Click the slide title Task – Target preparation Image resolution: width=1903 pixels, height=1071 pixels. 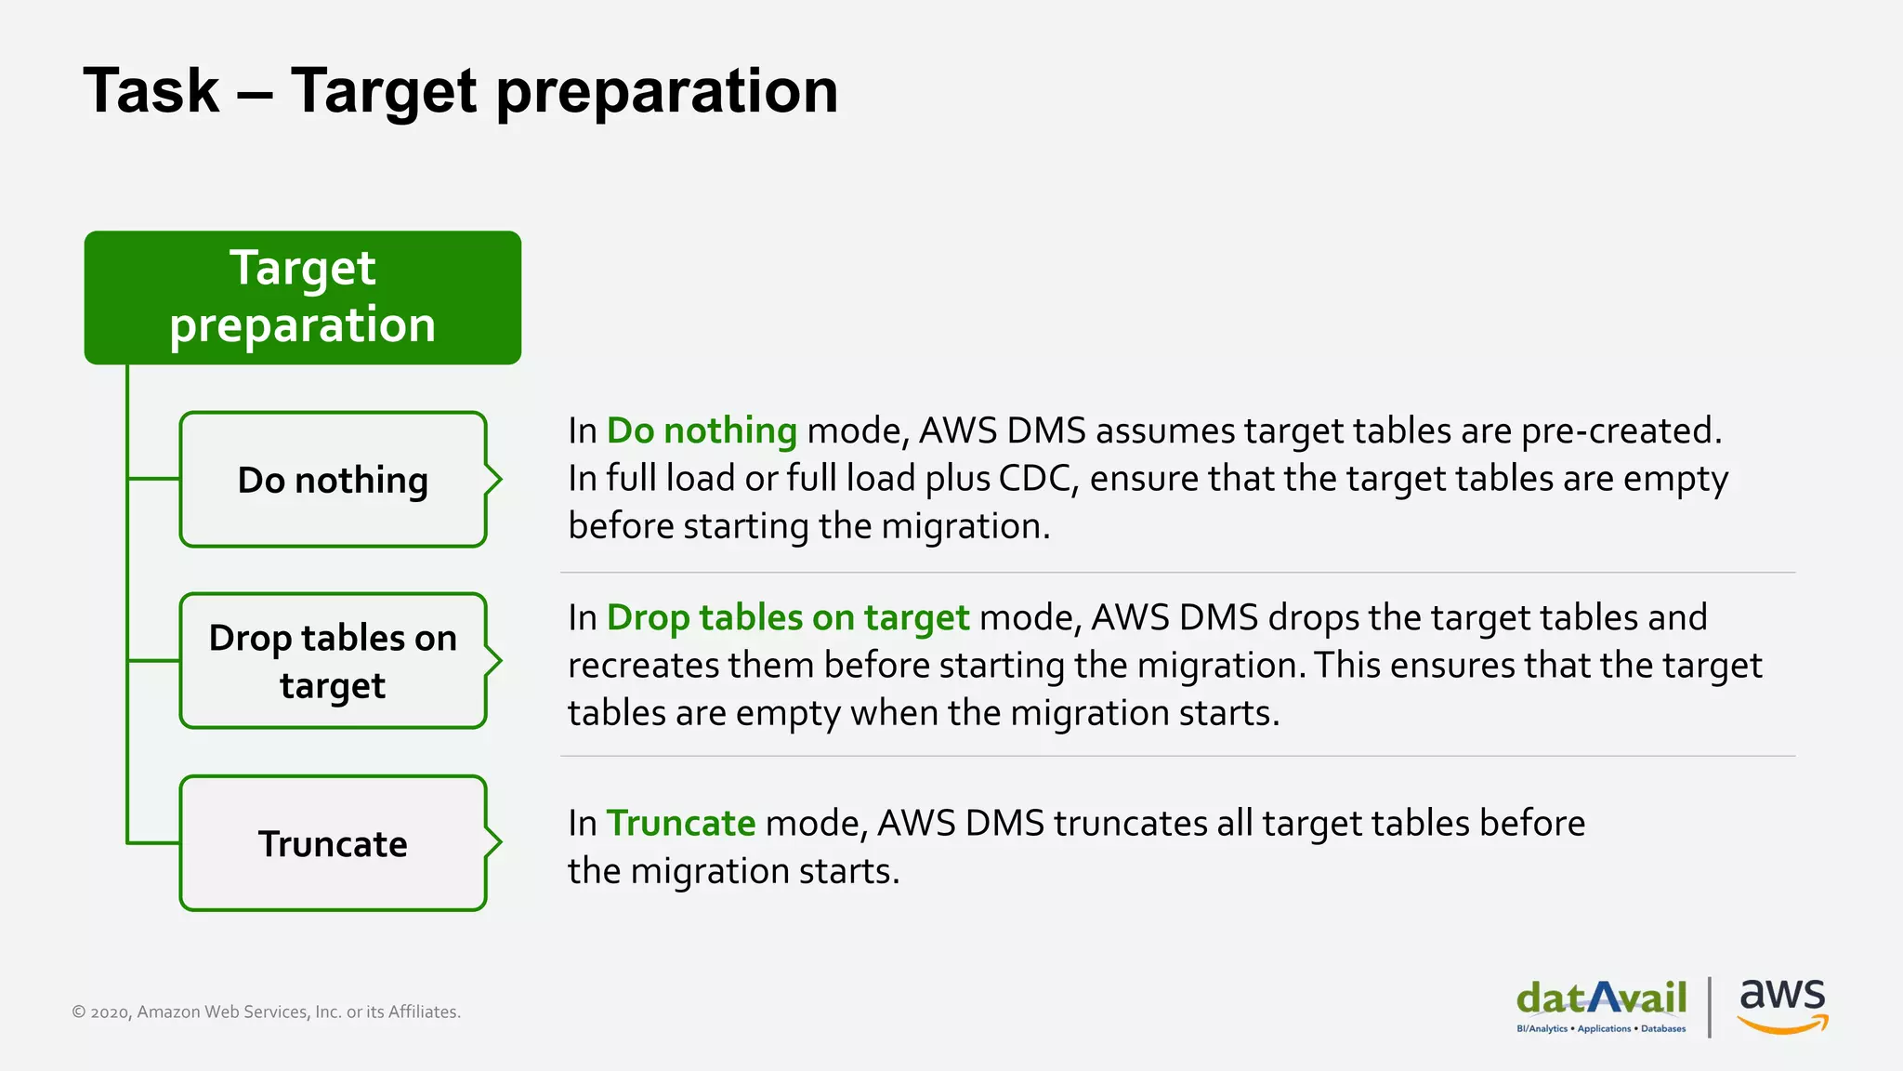pyautogui.click(x=460, y=91)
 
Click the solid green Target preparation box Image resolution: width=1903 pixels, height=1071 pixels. pyautogui.click(x=302, y=297)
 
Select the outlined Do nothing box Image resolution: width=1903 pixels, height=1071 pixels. pyautogui.click(x=332, y=480)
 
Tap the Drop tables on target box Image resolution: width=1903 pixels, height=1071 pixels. pyautogui.click(x=332, y=661)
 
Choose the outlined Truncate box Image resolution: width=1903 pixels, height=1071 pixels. pyautogui.click(x=332, y=843)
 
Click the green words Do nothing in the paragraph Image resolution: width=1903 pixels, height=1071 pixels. pyautogui.click(x=702, y=431)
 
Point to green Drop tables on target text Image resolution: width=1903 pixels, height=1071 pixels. pyautogui.click(x=787, y=618)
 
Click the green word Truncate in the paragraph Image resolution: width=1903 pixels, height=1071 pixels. pyautogui.click(x=680, y=824)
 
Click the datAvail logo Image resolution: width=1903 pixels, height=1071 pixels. pyautogui.click(x=1601, y=998)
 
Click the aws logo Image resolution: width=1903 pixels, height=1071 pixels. pyautogui.click(x=1782, y=1004)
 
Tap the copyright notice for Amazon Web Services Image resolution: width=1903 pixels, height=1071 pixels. pyautogui.click(x=266, y=1011)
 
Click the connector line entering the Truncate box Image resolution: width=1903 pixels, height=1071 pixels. pyautogui.click(x=153, y=843)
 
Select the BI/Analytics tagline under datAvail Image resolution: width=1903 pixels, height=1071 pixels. pyautogui.click(x=1600, y=1029)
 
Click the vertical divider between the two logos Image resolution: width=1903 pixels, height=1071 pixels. pyautogui.click(x=1710, y=1007)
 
